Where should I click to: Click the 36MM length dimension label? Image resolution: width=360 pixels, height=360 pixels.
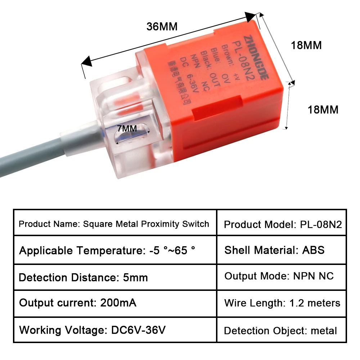tap(162, 27)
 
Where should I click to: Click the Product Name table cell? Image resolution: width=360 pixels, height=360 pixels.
tap(115, 224)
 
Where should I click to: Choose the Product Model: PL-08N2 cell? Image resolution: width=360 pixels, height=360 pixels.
tap(282, 224)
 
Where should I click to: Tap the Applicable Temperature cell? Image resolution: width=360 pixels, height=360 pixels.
tap(115, 251)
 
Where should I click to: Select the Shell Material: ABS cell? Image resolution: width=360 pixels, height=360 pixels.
tap(282, 250)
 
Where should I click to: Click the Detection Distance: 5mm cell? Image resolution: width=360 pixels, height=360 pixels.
tap(115, 277)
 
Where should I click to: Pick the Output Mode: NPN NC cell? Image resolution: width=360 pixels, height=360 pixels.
tap(282, 276)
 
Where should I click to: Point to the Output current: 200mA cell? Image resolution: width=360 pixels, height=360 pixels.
tap(115, 303)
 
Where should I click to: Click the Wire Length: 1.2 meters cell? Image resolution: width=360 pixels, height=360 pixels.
tap(282, 303)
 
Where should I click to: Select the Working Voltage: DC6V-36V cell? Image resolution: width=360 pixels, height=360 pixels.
tap(115, 330)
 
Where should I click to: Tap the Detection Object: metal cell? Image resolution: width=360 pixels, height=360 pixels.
tap(282, 330)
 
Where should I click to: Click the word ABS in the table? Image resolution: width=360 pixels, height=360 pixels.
tap(313, 250)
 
